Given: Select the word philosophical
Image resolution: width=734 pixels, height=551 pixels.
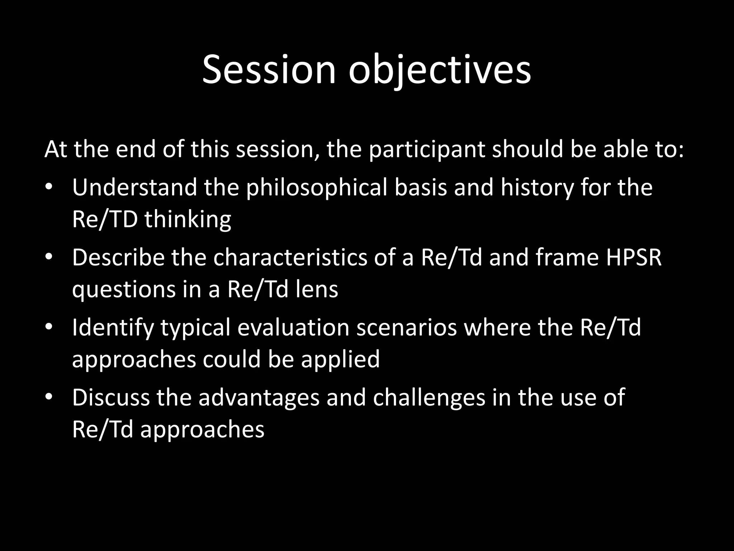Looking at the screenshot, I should [316, 187].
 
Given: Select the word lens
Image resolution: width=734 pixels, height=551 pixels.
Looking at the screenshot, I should [317, 289].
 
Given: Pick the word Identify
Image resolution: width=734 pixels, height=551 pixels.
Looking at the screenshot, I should [113, 327].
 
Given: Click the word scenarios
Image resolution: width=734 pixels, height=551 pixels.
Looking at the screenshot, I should [406, 327].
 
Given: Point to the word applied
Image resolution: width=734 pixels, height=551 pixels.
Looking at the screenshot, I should [340, 359].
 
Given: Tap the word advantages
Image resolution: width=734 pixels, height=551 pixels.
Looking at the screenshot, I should [259, 397].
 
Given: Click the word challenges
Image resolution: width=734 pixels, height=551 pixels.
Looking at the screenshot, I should [429, 397].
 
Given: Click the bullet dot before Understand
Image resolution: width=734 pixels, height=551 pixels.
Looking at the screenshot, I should [49, 187].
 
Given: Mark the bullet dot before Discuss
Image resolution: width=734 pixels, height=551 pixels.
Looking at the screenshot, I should [49, 397].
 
